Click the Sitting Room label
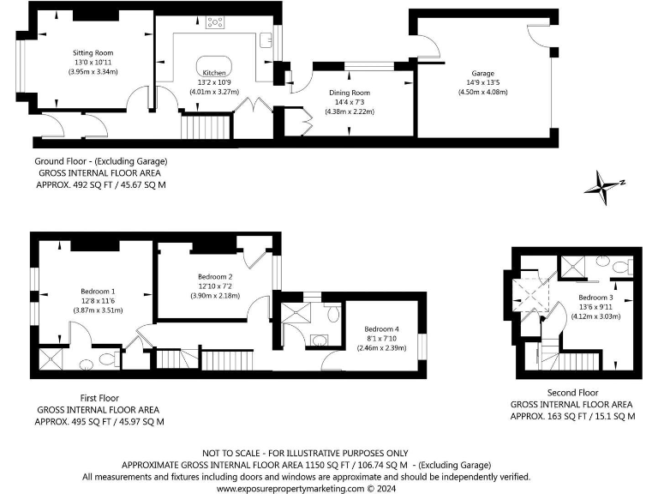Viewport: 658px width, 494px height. click(x=93, y=52)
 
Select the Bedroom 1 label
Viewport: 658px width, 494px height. click(x=99, y=291)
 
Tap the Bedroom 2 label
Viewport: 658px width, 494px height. click(x=215, y=276)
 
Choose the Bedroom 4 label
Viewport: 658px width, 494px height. click(x=380, y=328)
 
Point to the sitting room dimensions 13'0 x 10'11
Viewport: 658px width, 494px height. click(x=93, y=62)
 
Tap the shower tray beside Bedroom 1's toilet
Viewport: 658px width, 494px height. click(x=52, y=358)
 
